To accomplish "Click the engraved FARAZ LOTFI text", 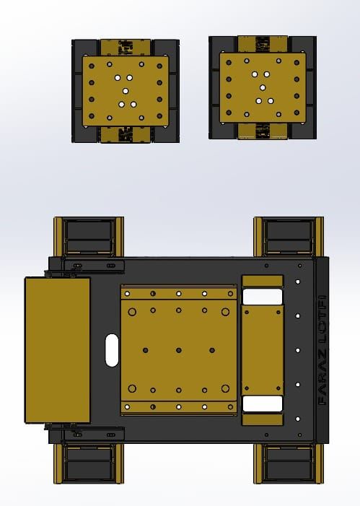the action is point(322,350).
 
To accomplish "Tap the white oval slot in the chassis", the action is point(112,350).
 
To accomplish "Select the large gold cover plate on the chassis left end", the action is point(58,350).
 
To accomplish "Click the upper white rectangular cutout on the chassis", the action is point(263,297).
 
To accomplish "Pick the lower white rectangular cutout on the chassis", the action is point(263,404).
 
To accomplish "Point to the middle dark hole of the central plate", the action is point(179,350).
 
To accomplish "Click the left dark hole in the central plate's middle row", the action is point(146,350).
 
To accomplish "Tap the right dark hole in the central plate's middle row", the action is point(212,350).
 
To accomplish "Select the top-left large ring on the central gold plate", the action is point(132,312).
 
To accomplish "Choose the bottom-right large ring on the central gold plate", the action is point(226,388).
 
